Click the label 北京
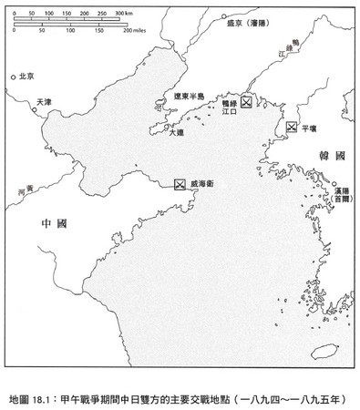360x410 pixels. tap(27, 77)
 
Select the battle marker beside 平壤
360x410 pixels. tap(292, 128)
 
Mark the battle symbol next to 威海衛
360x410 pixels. tap(180, 184)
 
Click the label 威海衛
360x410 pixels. tap(204, 184)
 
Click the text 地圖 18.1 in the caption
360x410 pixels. tap(37, 397)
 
